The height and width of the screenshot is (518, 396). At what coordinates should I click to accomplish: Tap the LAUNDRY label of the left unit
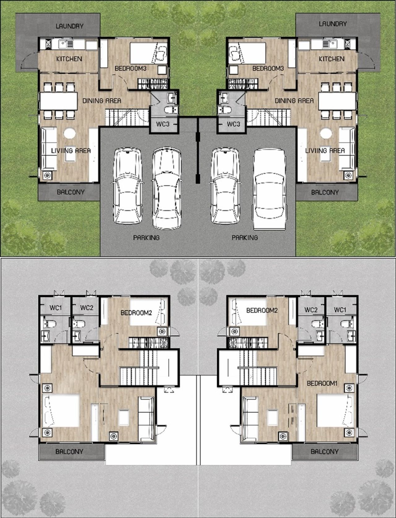pyautogui.click(x=70, y=26)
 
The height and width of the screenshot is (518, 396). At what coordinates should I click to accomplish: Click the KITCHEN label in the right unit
pyautogui.click(x=331, y=59)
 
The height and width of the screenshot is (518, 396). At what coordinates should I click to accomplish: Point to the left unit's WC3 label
pyautogui.click(x=163, y=124)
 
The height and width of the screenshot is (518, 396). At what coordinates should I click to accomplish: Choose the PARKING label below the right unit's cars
pyautogui.click(x=245, y=237)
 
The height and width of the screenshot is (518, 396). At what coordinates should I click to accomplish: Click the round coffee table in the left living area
pyautogui.click(x=70, y=133)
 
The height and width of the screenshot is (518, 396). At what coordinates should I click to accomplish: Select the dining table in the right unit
pyautogui.click(x=337, y=101)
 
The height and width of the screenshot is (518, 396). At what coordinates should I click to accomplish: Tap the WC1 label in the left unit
pyautogui.click(x=56, y=308)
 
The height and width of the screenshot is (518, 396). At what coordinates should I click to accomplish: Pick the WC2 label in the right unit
pyautogui.click(x=311, y=310)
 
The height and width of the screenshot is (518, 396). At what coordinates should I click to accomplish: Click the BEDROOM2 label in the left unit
pyautogui.click(x=136, y=313)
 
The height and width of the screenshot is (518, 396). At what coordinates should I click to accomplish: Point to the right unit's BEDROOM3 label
pyautogui.click(x=268, y=69)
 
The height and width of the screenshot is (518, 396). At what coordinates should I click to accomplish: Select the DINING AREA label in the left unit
pyautogui.click(x=102, y=101)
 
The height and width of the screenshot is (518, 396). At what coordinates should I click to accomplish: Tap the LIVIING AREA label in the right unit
pyautogui.click(x=325, y=151)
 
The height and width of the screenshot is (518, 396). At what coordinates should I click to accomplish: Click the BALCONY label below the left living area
pyautogui.click(x=71, y=192)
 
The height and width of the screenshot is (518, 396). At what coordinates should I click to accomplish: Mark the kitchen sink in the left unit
pyautogui.click(x=67, y=44)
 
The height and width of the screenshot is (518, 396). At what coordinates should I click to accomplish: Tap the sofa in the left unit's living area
pyautogui.click(x=49, y=149)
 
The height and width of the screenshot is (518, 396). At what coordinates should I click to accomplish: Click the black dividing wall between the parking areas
pyautogui.click(x=198, y=151)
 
